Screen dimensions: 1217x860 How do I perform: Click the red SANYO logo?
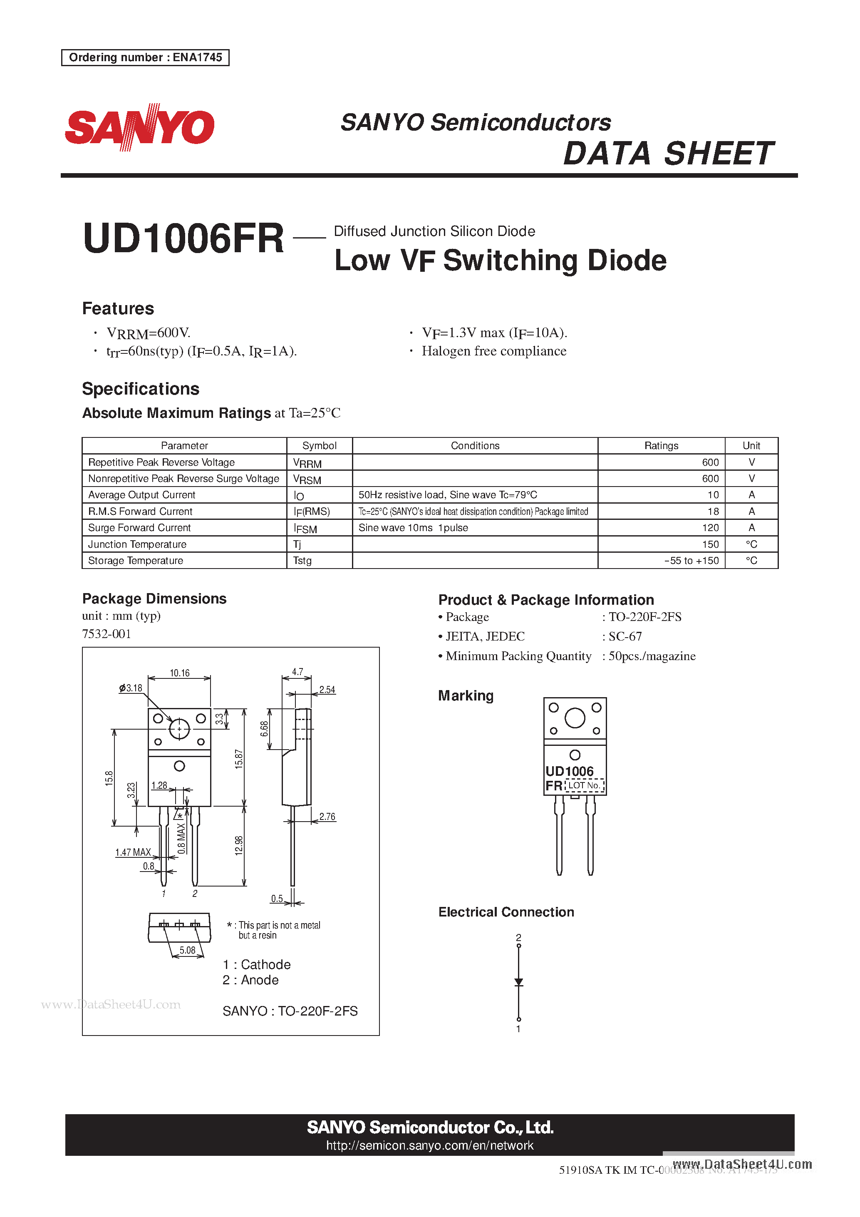139,127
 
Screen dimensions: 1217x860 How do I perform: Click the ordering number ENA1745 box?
145,57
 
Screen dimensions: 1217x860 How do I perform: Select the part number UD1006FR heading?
183,238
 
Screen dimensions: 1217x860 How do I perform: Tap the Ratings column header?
661,446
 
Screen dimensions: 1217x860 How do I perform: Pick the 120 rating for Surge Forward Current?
710,528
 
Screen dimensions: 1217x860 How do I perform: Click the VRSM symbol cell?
307,479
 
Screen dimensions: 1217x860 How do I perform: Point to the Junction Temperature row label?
137,544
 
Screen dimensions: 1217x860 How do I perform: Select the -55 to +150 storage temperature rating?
691,561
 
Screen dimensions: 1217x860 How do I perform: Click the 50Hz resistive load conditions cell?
448,495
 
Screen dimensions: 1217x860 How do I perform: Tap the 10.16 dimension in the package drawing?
179,673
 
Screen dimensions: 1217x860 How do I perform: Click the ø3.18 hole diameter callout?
131,688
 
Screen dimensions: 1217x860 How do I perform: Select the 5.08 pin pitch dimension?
187,950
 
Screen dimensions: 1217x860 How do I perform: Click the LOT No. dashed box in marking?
585,785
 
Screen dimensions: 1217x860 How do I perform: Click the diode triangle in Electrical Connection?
519,982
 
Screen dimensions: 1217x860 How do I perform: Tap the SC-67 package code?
625,636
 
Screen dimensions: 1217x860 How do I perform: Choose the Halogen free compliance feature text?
494,351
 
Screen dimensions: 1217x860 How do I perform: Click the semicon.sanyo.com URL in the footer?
430,1145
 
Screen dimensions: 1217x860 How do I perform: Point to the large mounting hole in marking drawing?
575,718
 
